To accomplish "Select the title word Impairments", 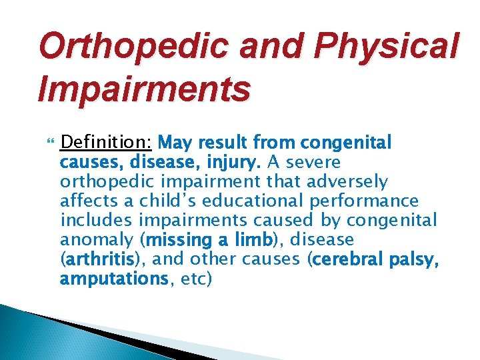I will point(145,89).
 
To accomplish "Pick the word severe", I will point(313,162).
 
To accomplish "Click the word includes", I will point(97,220).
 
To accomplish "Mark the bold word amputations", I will point(113,278).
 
